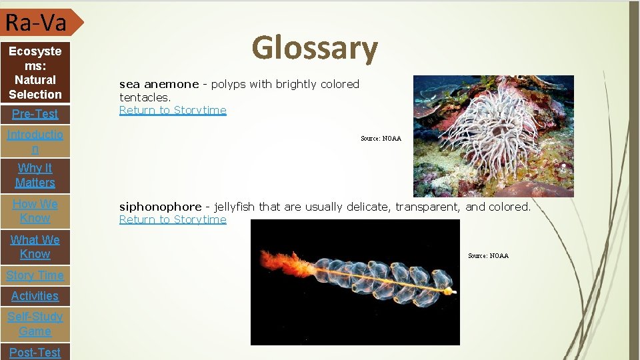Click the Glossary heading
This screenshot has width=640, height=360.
pos(315,49)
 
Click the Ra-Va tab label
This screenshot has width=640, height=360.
pos(36,23)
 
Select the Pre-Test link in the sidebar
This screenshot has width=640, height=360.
pos(35,114)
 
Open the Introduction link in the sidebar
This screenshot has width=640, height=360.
pos(35,142)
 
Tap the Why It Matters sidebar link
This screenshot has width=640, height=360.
pos(35,175)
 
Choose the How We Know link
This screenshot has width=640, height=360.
pos(35,211)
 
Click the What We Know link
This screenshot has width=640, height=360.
pos(35,247)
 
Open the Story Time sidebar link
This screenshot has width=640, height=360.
pos(35,275)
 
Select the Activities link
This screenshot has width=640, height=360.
pos(35,296)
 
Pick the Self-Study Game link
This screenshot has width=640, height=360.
pos(35,324)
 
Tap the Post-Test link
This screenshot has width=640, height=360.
pos(35,352)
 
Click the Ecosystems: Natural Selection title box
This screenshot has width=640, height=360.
pos(35,73)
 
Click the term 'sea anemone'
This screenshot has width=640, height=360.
pos(159,84)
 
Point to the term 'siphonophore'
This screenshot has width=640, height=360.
pos(160,207)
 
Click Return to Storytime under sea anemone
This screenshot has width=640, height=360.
pos(173,110)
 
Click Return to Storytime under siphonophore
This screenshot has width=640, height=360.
pos(173,219)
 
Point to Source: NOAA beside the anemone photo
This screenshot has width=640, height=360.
pos(381,139)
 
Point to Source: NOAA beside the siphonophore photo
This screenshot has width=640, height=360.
pos(488,256)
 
